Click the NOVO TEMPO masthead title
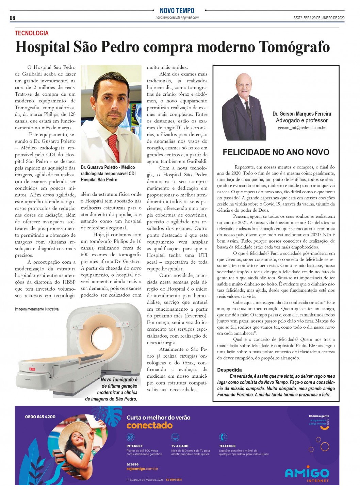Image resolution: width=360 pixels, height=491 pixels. click(x=177, y=11)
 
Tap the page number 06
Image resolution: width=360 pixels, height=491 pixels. click(x=12, y=18)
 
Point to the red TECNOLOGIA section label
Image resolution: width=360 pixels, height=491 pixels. click(x=32, y=33)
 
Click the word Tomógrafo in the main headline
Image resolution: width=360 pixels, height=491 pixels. click(x=294, y=47)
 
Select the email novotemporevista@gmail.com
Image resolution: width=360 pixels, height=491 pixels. click(x=177, y=18)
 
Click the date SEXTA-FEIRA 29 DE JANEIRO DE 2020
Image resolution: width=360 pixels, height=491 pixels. click(x=319, y=18)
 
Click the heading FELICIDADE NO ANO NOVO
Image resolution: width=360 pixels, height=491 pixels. click(x=276, y=152)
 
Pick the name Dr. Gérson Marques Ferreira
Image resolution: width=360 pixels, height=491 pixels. click(x=301, y=114)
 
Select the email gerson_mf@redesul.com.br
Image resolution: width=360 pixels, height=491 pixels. click(x=301, y=128)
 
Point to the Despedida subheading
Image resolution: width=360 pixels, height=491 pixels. click(x=229, y=370)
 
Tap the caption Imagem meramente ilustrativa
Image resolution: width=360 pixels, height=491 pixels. click(x=37, y=309)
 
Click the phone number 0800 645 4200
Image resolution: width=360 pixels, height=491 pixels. click(x=40, y=416)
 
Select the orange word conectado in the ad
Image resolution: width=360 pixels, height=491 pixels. click(x=149, y=425)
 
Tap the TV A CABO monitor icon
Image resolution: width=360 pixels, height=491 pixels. click(x=175, y=437)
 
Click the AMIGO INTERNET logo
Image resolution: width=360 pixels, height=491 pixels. click(x=307, y=474)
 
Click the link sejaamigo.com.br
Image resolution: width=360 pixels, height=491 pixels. click(x=142, y=469)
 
